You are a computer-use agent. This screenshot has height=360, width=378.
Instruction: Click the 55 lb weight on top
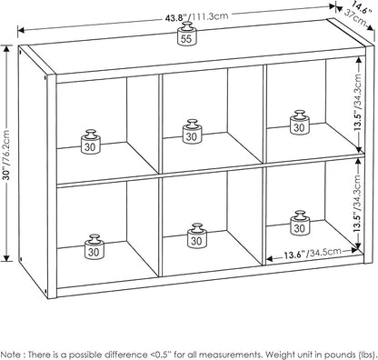point(186,34)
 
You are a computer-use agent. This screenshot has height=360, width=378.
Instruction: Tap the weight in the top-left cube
point(91,142)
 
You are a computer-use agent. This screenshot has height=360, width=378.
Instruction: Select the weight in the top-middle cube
point(192,132)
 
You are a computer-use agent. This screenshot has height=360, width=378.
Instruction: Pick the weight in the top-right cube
point(300,123)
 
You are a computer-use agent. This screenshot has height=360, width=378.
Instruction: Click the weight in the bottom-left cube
point(94,247)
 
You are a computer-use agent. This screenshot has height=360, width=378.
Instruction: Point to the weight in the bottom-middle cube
point(196,236)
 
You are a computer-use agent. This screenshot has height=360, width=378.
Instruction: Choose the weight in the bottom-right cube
point(300,223)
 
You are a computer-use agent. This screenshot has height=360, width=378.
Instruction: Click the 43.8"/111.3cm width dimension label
point(196,16)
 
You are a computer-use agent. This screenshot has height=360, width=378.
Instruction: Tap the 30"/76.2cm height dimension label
point(7,155)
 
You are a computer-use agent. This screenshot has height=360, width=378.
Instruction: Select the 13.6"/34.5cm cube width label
point(313,254)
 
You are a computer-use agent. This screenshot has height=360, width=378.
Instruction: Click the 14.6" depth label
point(361,7)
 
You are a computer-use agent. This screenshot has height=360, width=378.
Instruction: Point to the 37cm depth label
point(355,17)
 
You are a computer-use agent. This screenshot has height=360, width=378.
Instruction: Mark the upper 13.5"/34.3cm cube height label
point(359,103)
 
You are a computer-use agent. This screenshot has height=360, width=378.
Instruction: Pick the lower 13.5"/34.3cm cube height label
point(359,204)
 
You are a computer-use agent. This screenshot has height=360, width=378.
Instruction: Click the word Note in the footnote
point(11,355)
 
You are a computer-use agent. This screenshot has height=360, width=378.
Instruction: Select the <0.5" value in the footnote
point(161,355)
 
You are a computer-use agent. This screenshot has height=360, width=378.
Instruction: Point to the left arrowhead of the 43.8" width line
point(21,30)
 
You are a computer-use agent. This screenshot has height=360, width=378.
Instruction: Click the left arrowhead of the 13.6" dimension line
point(270,259)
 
